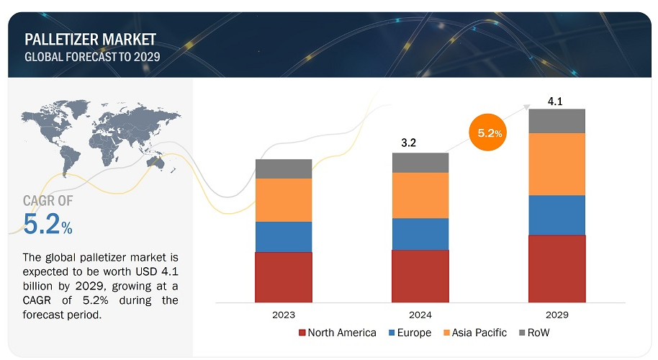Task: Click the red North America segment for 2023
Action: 284,276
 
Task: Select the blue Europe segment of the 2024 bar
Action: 420,233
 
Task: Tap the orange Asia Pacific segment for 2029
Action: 556,163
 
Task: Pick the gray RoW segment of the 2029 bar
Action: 556,121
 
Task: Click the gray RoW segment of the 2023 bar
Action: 284,168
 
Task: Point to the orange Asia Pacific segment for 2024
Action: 420,195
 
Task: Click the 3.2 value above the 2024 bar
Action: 409,143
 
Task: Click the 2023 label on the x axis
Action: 284,315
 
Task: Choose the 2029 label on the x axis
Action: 556,315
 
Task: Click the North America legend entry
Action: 337,333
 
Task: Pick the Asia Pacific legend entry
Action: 475,333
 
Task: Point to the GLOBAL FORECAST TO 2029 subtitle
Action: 92,56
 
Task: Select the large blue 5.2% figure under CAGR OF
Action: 48,225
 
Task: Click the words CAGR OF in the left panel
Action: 48,201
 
